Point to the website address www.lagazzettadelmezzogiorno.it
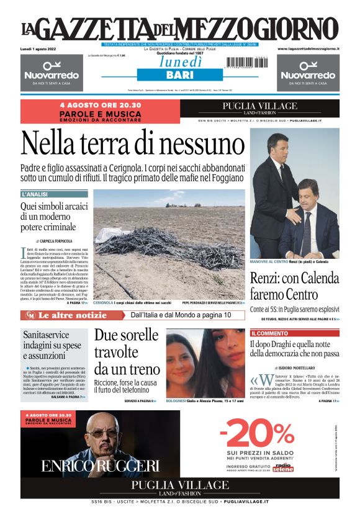click(x=308, y=48)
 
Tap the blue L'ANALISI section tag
click(x=35, y=194)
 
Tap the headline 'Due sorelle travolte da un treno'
click(x=126, y=352)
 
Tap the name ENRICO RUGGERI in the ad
click(x=100, y=466)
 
